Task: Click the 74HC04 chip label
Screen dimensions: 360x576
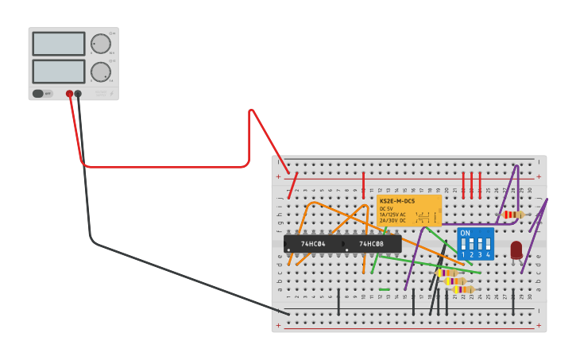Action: pyautogui.click(x=313, y=244)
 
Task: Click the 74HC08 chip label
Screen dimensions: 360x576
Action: pyautogui.click(x=371, y=244)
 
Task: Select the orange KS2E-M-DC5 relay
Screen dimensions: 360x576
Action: pyautogui.click(x=409, y=211)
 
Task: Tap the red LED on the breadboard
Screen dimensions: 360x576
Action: pyautogui.click(x=516, y=250)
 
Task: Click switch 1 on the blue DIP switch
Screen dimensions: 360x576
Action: pyautogui.click(x=464, y=242)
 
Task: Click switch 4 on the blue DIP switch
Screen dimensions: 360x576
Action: pyautogui.click(x=488, y=242)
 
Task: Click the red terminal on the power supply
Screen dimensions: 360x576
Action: pyautogui.click(x=70, y=94)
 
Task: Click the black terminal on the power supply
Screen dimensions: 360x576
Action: pyautogui.click(x=78, y=94)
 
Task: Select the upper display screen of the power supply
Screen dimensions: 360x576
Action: pyautogui.click(x=59, y=44)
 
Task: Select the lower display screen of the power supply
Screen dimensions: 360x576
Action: pyautogui.click(x=59, y=72)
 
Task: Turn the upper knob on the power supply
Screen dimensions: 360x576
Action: pyautogui.click(x=100, y=44)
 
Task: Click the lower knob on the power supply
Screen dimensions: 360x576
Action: pyautogui.click(x=100, y=71)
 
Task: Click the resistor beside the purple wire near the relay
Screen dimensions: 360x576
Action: pyautogui.click(x=513, y=215)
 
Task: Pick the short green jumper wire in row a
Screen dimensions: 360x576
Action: pyautogui.click(x=385, y=289)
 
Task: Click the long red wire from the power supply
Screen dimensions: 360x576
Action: pyautogui.click(x=167, y=166)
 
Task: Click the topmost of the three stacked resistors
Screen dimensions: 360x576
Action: pyautogui.click(x=446, y=273)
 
